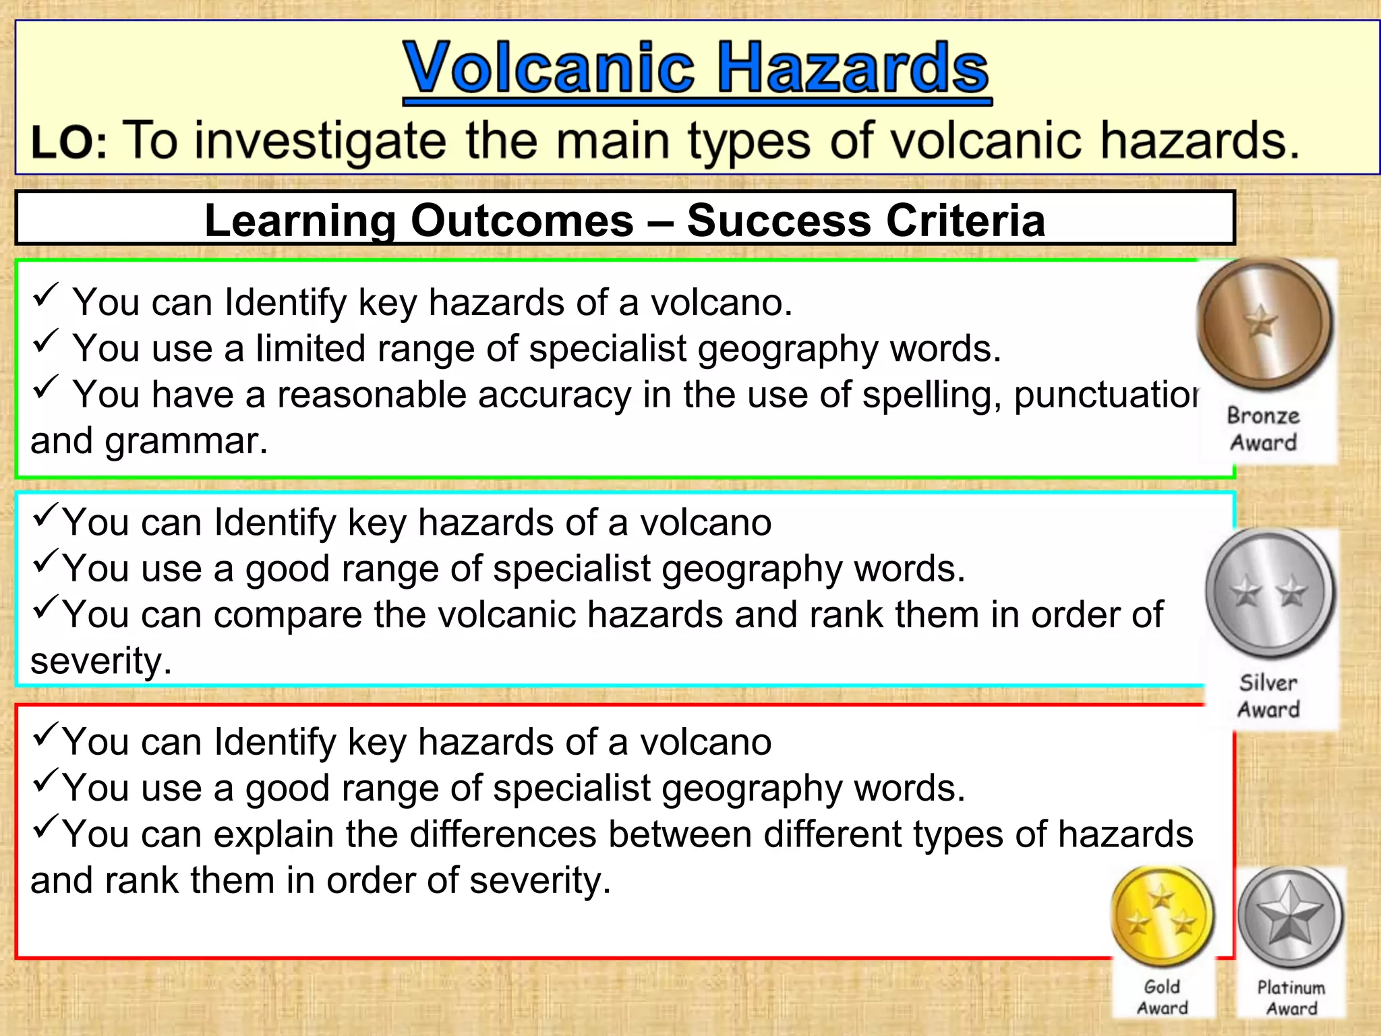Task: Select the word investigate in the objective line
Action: pyautogui.click(x=320, y=141)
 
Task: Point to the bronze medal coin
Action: pyautogui.click(x=1264, y=322)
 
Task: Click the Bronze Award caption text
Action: pyautogui.click(x=1263, y=429)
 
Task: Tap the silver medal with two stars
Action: pyautogui.click(x=1270, y=592)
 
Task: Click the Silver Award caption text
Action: pyautogui.click(x=1268, y=696)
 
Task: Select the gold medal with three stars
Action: pyautogui.click(x=1162, y=916)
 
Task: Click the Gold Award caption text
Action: pyautogui.click(x=1162, y=997)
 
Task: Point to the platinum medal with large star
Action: pyautogui.click(x=1290, y=917)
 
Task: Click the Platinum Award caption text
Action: pyautogui.click(x=1291, y=998)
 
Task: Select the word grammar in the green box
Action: pyautogui.click(x=185, y=441)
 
